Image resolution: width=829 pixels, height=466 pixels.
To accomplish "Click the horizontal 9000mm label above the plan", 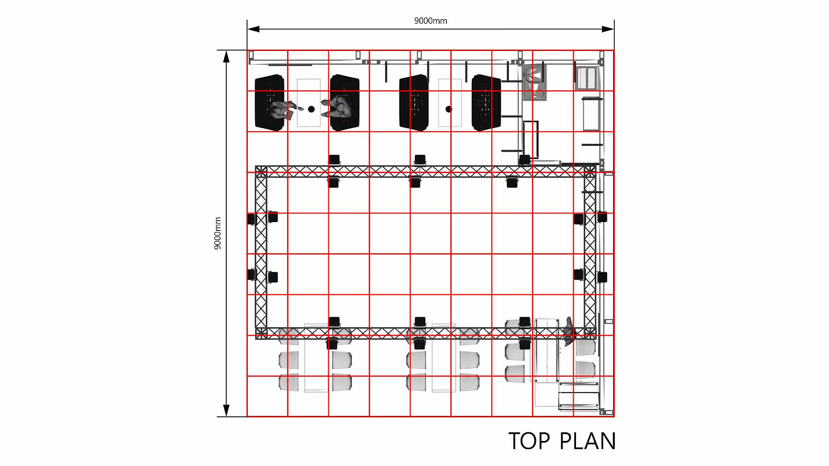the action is [x=430, y=21].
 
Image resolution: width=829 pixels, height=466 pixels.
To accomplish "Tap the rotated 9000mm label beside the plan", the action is [x=218, y=233].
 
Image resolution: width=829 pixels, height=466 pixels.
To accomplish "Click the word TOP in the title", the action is [x=529, y=441].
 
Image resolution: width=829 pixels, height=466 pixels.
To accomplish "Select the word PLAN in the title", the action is [x=588, y=441].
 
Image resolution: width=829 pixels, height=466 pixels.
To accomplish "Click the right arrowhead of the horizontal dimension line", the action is [x=608, y=29].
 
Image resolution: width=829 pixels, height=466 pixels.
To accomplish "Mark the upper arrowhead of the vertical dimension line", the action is [x=226, y=57].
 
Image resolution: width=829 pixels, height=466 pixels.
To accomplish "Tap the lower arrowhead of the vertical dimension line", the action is [x=226, y=410].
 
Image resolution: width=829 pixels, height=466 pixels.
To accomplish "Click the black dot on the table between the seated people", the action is [x=311, y=109].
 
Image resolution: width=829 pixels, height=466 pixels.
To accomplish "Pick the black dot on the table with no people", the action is [x=449, y=109].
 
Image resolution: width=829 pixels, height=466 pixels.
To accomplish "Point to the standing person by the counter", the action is [x=570, y=332].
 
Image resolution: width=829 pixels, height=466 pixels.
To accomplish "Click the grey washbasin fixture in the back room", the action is [x=535, y=82].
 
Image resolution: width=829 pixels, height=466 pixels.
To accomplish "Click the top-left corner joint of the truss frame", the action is [x=261, y=171].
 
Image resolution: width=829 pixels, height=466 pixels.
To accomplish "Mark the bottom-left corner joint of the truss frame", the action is [x=261, y=333].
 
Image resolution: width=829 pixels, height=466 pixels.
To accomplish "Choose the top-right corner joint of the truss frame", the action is [x=590, y=171].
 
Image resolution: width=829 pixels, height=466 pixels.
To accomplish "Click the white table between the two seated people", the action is [x=309, y=103].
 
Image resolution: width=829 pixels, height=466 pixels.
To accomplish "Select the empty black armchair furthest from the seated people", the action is [x=487, y=103].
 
